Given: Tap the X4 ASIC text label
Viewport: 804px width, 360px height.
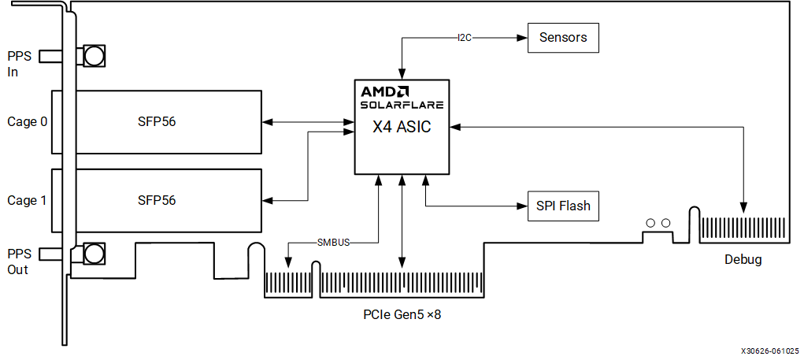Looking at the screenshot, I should [x=402, y=126].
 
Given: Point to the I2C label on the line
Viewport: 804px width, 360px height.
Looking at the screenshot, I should [x=465, y=37].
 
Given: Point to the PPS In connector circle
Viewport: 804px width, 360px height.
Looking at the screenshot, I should [x=94, y=55].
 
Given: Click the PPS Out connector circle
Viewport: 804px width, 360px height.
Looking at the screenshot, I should [x=94, y=254].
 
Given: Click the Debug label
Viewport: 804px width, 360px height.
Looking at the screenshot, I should [x=743, y=259].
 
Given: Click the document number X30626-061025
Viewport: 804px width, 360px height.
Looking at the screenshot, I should [x=769, y=351].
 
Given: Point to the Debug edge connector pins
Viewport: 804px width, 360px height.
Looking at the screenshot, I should [x=743, y=229].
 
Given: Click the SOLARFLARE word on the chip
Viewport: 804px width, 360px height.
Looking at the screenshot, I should [x=402, y=104].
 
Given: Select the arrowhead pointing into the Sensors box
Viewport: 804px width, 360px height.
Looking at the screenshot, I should [x=523, y=37].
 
